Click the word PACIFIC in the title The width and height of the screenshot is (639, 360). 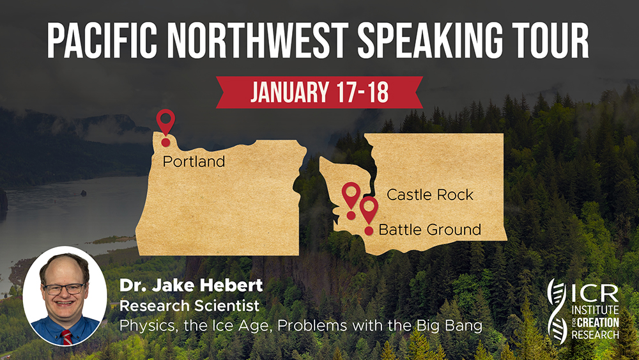[x=102, y=40]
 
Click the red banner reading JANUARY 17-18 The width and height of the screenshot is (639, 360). [x=319, y=92]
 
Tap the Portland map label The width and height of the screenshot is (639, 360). [x=194, y=162]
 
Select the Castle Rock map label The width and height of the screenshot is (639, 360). [x=430, y=194]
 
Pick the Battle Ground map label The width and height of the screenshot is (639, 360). [x=430, y=230]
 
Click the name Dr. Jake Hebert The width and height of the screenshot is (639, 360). [x=191, y=285]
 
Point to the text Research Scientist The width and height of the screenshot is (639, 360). [x=190, y=306]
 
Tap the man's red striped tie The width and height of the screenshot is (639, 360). [x=66, y=337]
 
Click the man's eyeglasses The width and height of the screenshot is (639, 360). [x=64, y=288]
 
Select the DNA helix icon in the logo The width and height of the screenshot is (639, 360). [x=557, y=311]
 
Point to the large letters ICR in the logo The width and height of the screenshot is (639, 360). [x=595, y=293]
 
